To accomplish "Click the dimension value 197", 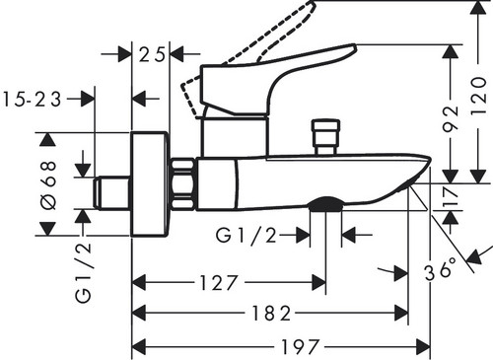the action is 300,347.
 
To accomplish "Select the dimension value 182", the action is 271,313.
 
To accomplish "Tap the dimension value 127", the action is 219,283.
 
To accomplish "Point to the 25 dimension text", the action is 152,54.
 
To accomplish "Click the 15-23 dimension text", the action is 32,99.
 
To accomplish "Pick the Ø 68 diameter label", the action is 48,184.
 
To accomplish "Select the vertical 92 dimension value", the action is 451,118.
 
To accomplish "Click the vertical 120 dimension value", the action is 478,96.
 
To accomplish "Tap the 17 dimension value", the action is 451,196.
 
